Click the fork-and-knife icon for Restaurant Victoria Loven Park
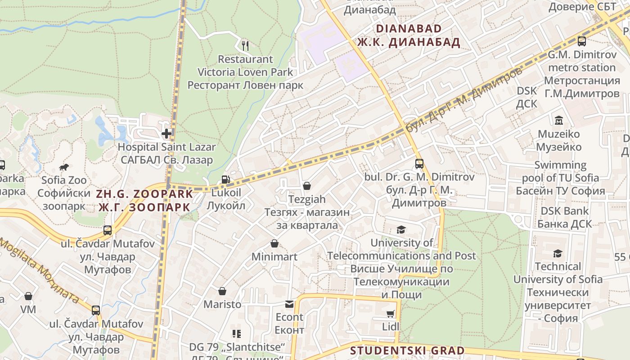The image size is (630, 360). coord(245,45)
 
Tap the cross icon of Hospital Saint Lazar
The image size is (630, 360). coord(167,133)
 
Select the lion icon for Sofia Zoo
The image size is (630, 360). coord(64,167)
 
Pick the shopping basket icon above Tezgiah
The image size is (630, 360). coord(307,186)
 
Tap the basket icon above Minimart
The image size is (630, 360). coord(274,244)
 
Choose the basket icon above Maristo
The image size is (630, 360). coord(222,291)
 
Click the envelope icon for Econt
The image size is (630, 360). coord(289,304)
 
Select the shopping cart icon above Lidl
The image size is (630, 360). coord(390,314)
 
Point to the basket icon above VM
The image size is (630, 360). coord(28,296)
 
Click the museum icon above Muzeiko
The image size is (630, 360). coord(559,121)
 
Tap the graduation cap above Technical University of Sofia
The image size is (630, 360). coord(558,253)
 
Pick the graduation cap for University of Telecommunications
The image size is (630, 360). coord(401,230)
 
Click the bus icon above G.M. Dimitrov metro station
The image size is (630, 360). coord(581,41)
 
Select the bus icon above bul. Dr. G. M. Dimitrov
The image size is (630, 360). coord(419,164)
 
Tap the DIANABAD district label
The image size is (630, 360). coord(409,29)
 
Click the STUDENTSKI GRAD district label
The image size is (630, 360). coord(407,351)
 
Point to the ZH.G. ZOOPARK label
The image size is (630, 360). coord(144,194)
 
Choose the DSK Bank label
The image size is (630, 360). coord(564,211)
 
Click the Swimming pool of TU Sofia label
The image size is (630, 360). coord(560,171)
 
